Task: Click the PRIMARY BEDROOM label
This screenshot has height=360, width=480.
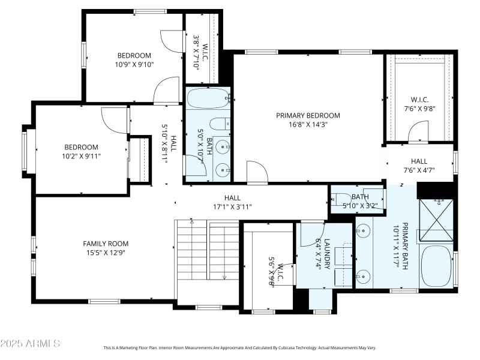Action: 308,115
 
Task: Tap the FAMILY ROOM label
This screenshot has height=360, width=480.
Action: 106,244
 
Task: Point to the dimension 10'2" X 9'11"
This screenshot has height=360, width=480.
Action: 82,157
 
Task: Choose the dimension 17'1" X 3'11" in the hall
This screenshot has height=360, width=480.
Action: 232,207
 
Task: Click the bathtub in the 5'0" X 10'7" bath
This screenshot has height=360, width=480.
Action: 208,96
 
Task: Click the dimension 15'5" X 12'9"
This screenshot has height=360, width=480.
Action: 106,253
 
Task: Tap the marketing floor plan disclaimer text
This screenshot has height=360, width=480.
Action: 240,347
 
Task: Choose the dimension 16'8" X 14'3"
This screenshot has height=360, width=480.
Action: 308,125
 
